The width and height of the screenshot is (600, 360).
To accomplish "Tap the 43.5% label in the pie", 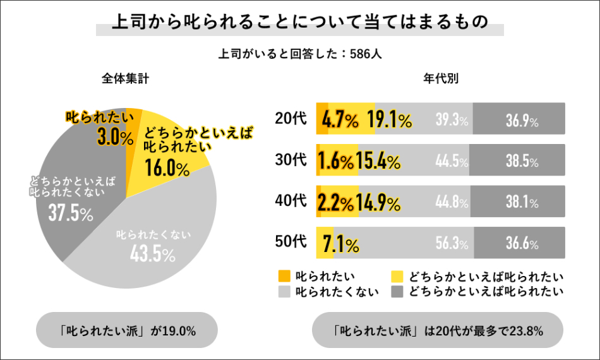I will pos(152,254).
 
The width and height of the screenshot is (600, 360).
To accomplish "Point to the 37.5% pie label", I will pos(71,213).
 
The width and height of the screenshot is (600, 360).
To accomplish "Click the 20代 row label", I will pos(291,118).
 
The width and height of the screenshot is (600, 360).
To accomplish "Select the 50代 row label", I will pos(291,241).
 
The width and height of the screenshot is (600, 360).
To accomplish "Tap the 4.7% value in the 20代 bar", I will pos(340,119).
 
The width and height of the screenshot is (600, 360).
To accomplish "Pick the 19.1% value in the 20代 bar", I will pos(390,119).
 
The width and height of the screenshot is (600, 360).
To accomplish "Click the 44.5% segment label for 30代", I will pos(452,161).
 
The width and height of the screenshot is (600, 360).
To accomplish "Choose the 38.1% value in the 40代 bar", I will pos(522,203).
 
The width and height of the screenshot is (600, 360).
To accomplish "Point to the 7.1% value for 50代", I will pos(341,243).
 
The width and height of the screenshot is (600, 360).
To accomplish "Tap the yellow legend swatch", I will pos(397,276).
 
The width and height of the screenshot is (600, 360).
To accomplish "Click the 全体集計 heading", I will pos(126,79).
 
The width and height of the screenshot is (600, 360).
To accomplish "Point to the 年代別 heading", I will pos(440,79).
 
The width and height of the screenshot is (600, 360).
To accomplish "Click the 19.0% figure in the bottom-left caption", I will pos(180,330).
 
